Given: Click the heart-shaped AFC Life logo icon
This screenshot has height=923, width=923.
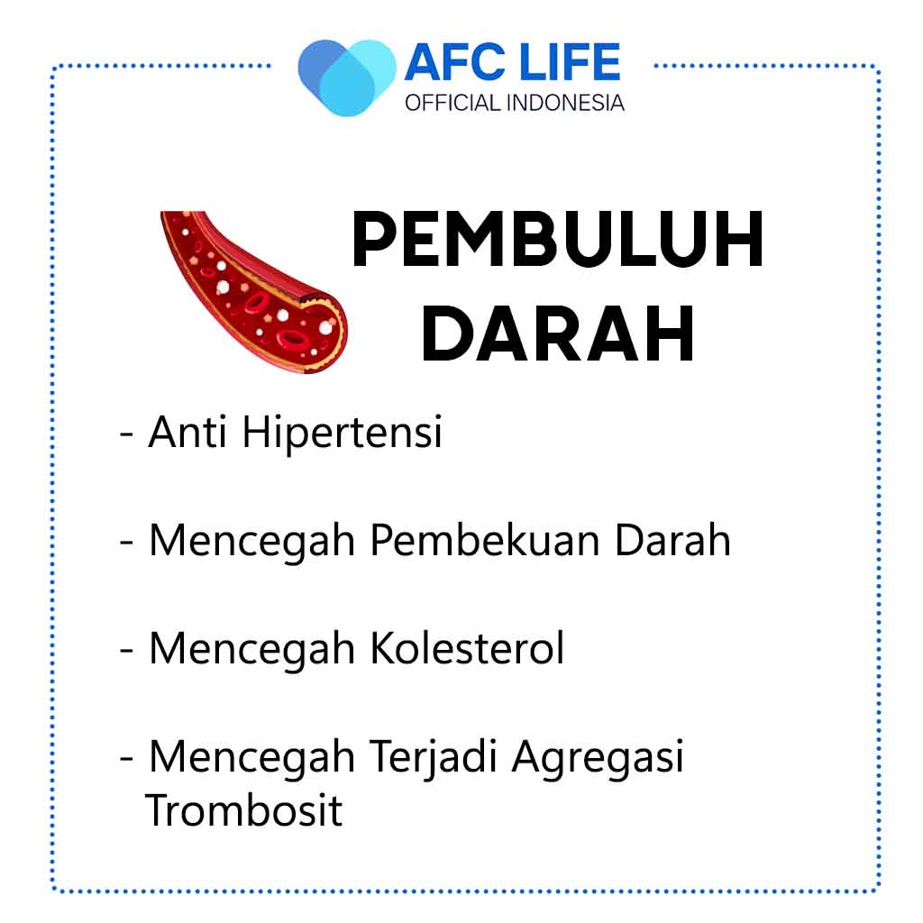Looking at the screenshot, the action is pyautogui.click(x=347, y=78).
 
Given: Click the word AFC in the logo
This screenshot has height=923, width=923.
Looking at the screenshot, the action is pyautogui.click(x=455, y=62).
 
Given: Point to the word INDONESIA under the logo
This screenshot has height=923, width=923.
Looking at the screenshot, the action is pyautogui.click(x=564, y=103).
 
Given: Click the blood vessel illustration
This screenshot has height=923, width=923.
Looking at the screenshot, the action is pyautogui.click(x=253, y=292).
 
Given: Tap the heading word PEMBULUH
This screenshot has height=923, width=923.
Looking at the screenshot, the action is pyautogui.click(x=557, y=240).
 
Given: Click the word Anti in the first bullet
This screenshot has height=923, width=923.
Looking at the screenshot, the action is pyautogui.click(x=187, y=432).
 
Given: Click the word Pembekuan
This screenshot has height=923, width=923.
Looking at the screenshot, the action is pyautogui.click(x=484, y=540).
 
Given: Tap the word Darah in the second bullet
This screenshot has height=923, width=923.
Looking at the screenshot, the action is pyautogui.click(x=672, y=540).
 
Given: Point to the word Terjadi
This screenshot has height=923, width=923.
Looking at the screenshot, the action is pyautogui.click(x=434, y=758).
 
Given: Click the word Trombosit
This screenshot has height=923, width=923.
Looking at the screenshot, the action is pyautogui.click(x=243, y=810).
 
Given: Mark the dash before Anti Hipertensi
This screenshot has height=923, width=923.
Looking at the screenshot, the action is pyautogui.click(x=126, y=436).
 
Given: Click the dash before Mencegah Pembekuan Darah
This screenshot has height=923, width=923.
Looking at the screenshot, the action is pyautogui.click(x=126, y=544).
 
